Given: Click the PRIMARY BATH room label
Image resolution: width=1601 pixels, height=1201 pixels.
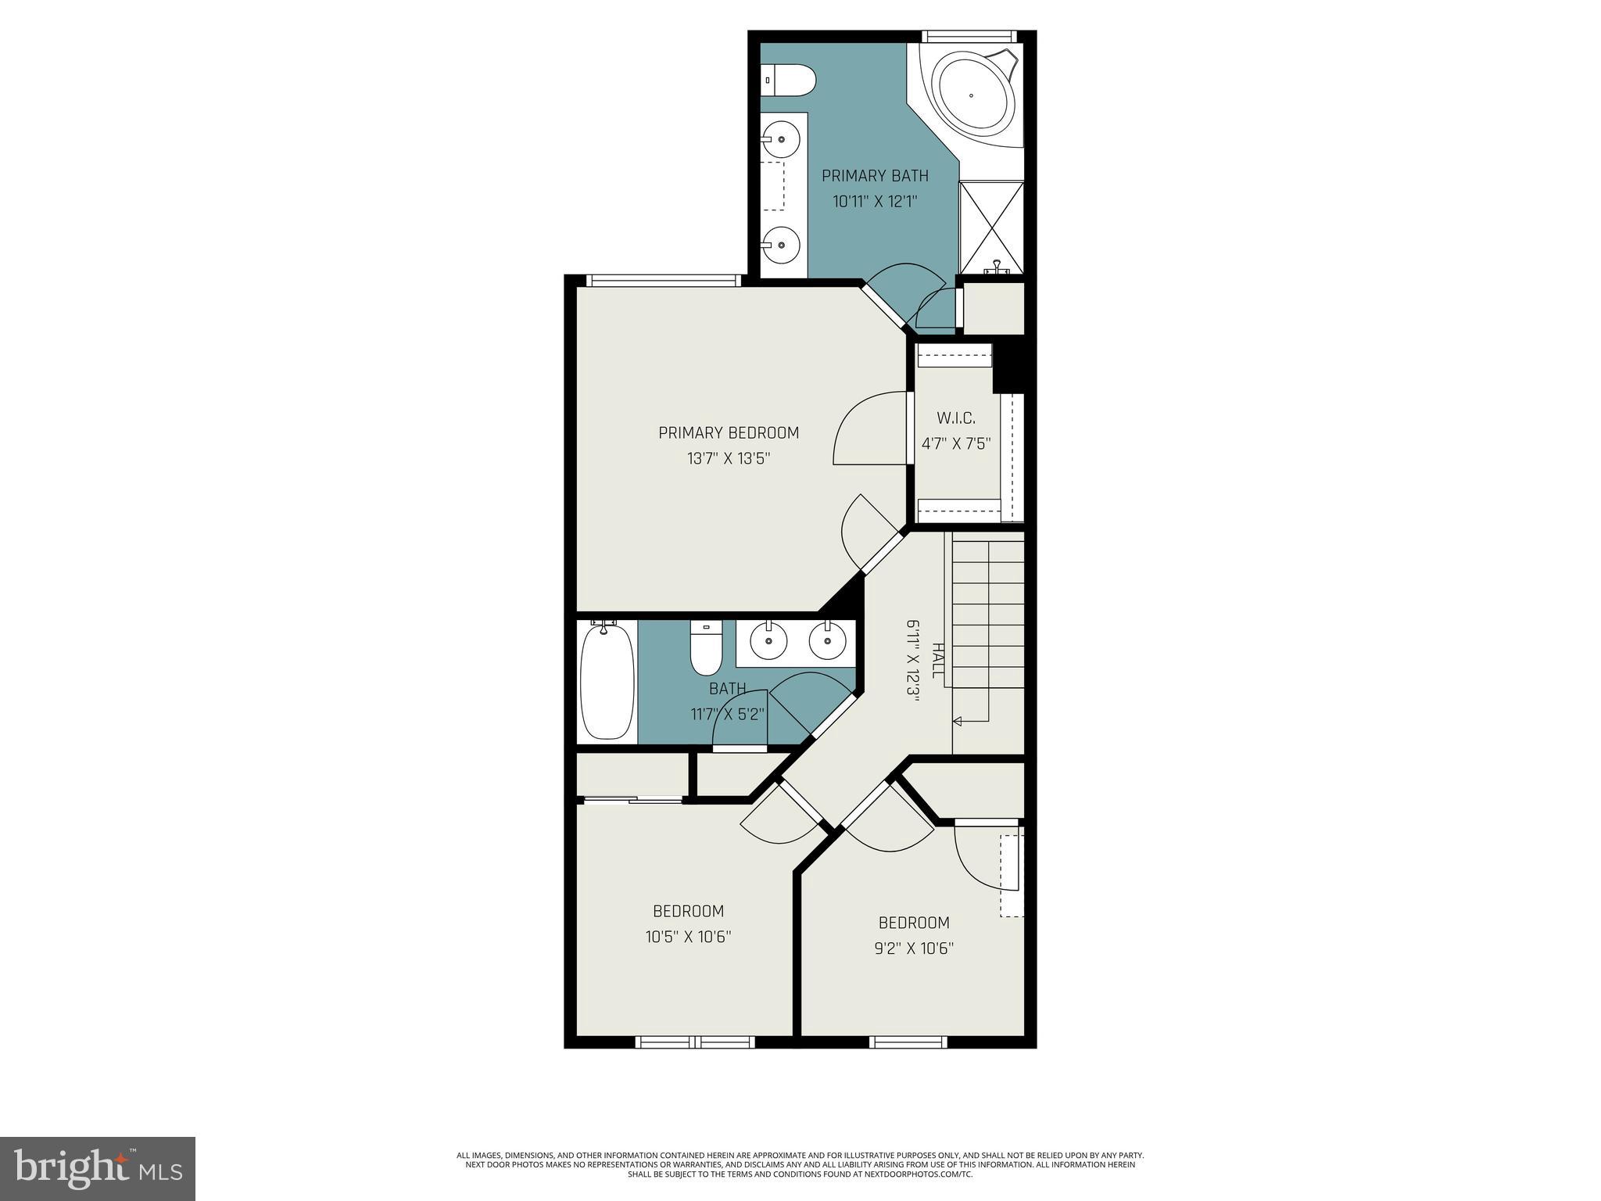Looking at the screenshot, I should (875, 175).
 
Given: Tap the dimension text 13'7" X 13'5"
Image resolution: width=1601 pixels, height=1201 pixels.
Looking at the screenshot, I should (729, 458).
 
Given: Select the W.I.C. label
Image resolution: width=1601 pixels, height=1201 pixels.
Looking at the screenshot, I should (955, 418).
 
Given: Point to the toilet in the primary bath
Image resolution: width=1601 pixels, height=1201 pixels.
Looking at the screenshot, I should (790, 79).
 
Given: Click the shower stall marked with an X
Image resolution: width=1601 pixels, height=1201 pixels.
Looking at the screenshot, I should (991, 227).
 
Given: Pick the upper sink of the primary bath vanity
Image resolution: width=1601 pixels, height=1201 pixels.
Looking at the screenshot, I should (781, 141).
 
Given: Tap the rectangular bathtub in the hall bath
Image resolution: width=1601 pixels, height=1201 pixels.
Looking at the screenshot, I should (607, 680).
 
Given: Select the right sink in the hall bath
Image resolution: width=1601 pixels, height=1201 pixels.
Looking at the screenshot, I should (827, 641).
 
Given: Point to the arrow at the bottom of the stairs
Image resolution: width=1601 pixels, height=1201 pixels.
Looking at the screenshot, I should (958, 721).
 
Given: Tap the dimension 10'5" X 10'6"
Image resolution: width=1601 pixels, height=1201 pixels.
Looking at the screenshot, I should (688, 937).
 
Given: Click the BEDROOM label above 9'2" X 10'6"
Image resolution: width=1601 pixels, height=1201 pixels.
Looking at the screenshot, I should (913, 923).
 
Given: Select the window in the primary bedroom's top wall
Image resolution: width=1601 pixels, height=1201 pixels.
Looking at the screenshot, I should (663, 280).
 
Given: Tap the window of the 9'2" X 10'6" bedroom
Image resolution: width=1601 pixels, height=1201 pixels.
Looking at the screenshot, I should (908, 1041).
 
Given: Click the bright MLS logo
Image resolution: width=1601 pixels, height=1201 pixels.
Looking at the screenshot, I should (97, 1168).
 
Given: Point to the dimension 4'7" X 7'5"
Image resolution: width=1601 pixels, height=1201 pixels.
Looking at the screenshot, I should (956, 444).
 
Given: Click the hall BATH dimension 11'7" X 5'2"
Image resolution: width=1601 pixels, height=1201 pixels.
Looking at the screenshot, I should (727, 714).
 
